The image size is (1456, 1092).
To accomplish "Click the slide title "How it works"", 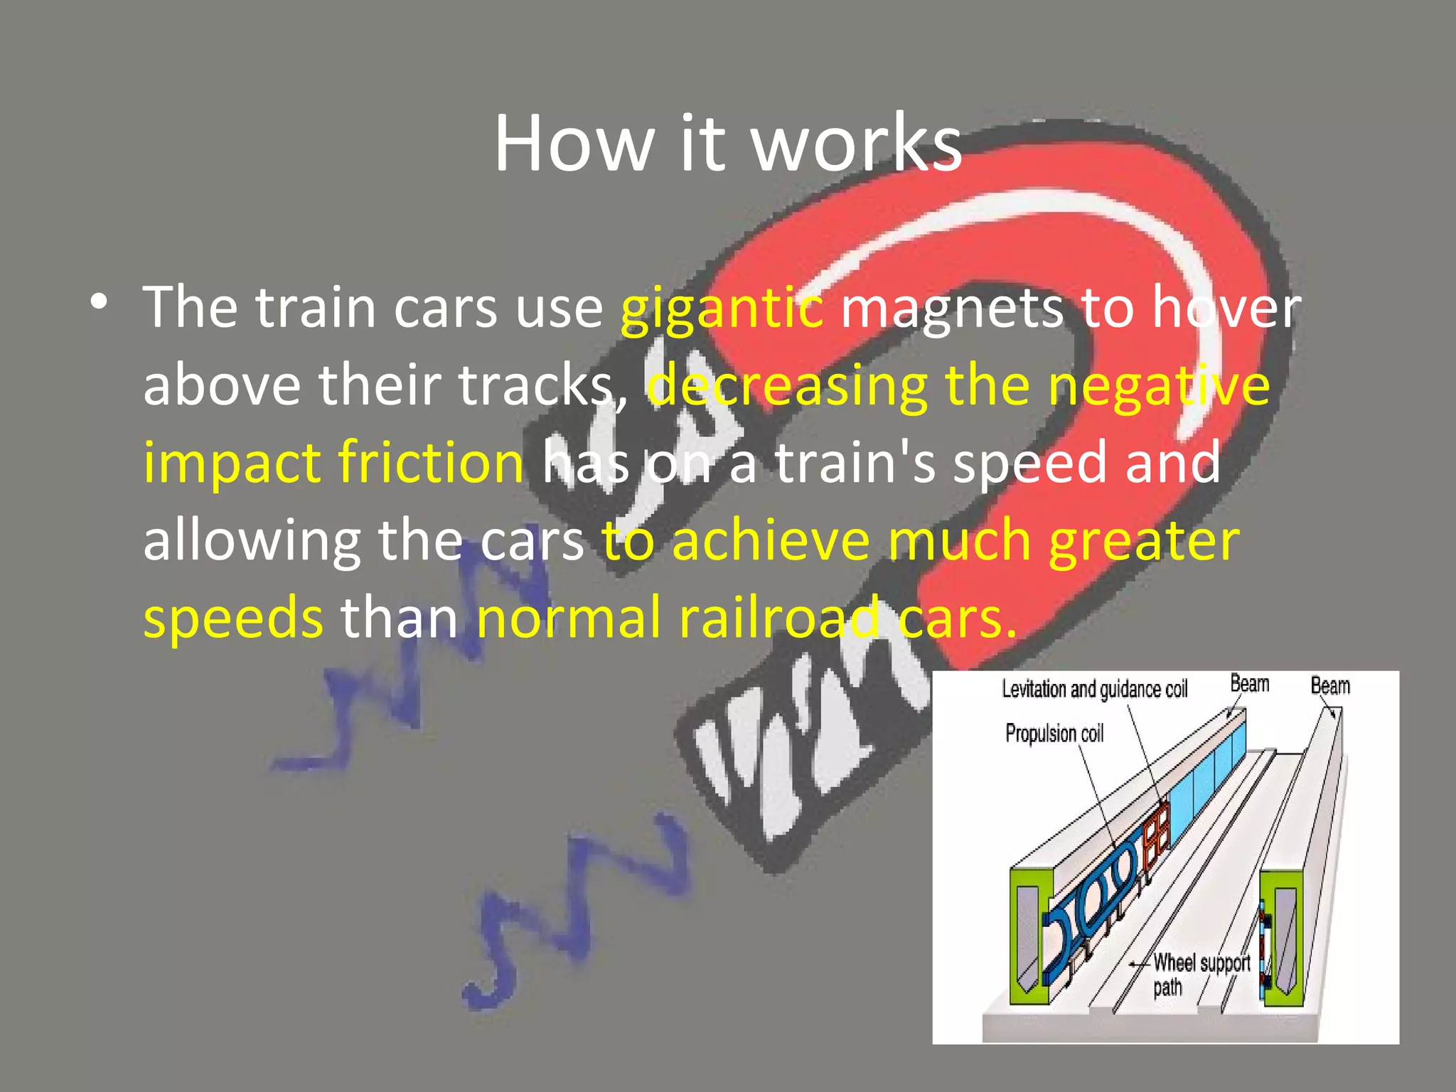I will pyautogui.click(x=727, y=144).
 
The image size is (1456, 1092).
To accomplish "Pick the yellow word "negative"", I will pyautogui.click(x=1159, y=386).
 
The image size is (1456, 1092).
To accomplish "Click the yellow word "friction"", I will pyautogui.click(x=431, y=463).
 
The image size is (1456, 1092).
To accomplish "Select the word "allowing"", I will pyautogui.click(x=252, y=541).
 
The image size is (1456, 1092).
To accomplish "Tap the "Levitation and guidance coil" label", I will pyautogui.click(x=1094, y=689).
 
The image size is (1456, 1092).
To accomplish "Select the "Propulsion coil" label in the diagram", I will pyautogui.click(x=1054, y=733).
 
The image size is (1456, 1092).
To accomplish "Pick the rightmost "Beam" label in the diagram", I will pyautogui.click(x=1329, y=685).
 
